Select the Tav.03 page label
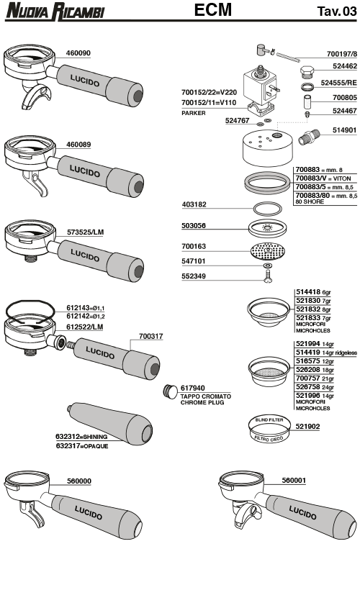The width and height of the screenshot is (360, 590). pyautogui.click(x=336, y=12)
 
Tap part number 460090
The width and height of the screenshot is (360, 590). pyautogui.click(x=78, y=53)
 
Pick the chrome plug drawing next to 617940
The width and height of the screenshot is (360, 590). pyautogui.click(x=170, y=391)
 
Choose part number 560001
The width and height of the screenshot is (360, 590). pyautogui.click(x=294, y=480)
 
